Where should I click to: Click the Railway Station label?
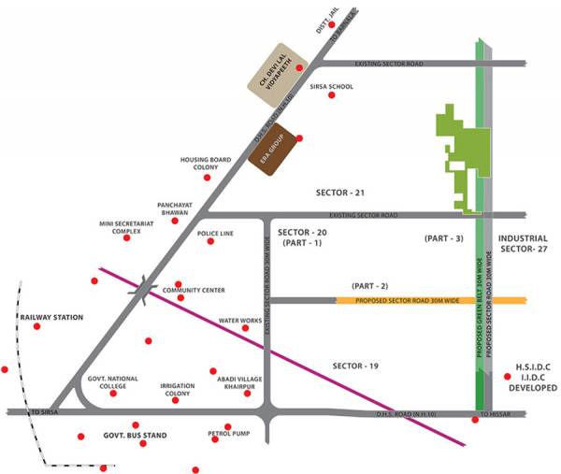(x=50, y=318)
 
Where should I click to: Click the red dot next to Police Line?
(x=209, y=242)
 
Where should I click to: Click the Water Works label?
(x=239, y=321)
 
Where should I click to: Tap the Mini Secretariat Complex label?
(x=126, y=228)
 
